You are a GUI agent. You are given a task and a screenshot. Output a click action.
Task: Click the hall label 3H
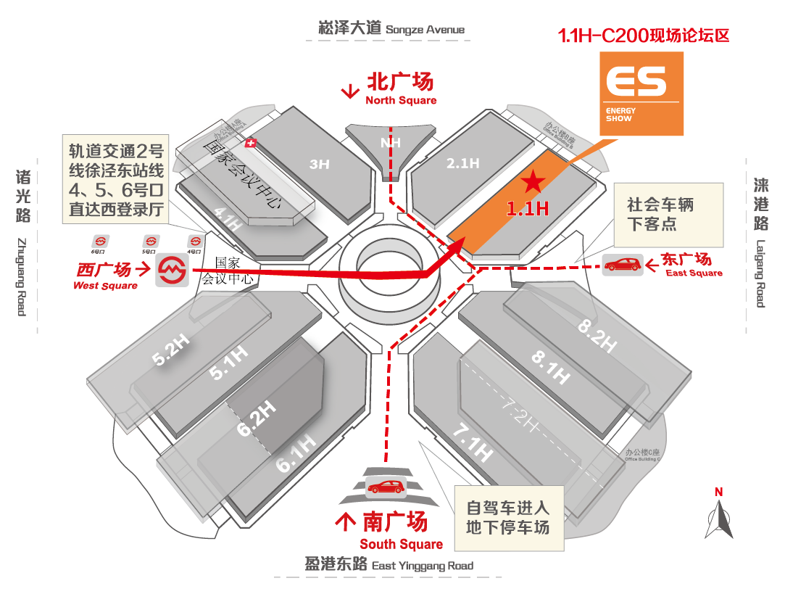click(319, 165)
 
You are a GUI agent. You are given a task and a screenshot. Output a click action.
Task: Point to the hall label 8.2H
click(598, 336)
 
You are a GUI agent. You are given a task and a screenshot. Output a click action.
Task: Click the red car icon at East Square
click(623, 265)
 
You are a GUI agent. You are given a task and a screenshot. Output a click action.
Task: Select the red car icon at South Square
click(385, 487)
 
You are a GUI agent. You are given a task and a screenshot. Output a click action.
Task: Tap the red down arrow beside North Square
click(351, 91)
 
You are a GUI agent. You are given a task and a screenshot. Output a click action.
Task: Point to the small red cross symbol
click(252, 144)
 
